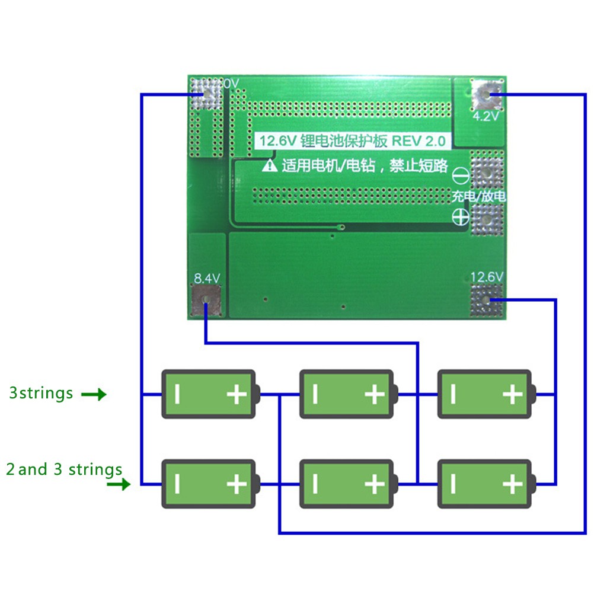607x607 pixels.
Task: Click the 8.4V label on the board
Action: (207, 277)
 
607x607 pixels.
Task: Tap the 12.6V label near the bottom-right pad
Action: (487, 277)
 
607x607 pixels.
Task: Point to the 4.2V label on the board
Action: (486, 117)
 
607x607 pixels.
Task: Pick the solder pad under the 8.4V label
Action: (206, 301)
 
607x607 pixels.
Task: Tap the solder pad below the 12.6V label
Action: (487, 300)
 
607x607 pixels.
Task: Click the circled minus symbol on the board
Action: (461, 176)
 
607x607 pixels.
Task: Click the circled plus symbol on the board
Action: (461, 216)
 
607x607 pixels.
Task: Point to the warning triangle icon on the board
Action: (270, 165)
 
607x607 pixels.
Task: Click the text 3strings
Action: (41, 393)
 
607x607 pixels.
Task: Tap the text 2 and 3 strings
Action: (64, 470)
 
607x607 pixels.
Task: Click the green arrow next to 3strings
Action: (94, 394)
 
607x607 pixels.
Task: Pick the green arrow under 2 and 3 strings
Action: (118, 485)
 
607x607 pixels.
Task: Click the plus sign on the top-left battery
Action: (237, 394)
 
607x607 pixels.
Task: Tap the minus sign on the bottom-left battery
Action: (177, 484)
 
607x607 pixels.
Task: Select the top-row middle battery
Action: (347, 394)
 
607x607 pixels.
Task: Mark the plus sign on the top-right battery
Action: (512, 394)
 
